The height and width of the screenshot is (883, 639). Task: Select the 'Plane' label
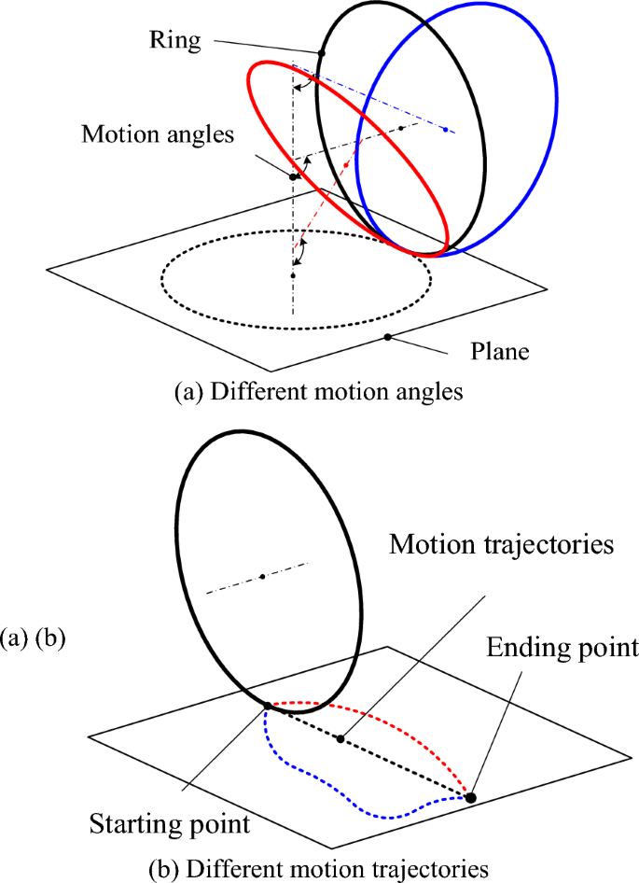point(499,352)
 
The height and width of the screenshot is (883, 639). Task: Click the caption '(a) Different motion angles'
point(318,392)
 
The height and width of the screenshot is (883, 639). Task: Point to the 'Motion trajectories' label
point(502,544)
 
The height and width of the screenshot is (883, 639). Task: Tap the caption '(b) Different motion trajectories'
point(318,869)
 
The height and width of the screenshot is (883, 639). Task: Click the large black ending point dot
point(471,796)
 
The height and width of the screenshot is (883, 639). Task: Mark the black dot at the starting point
point(267,706)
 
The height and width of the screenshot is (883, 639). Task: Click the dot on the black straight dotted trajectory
point(340,739)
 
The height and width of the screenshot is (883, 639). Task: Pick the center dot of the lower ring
point(263,577)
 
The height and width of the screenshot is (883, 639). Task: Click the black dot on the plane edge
point(387,336)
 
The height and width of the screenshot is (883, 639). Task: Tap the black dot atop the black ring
point(321,53)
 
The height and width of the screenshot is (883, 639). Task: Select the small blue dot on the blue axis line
point(445,128)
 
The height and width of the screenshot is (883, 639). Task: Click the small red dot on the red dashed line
point(347,162)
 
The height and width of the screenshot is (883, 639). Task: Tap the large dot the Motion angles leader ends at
point(293,176)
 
